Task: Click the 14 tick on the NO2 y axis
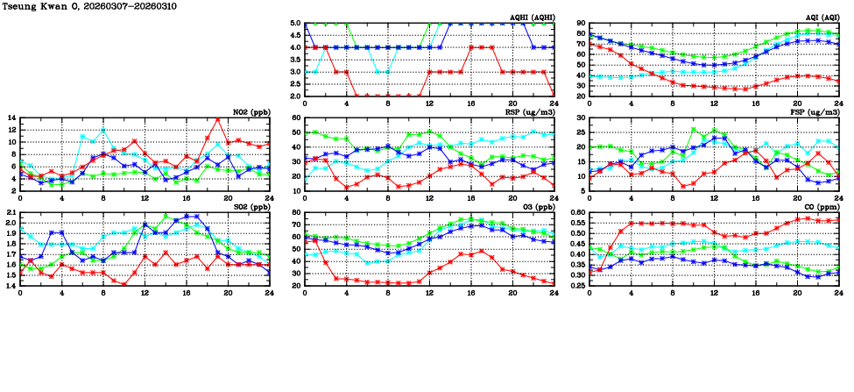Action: pyautogui.click(x=11, y=118)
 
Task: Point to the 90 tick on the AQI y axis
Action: pyautogui.click(x=580, y=24)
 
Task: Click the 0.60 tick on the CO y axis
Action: pyautogui.click(x=576, y=212)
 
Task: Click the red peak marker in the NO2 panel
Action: pyautogui.click(x=217, y=118)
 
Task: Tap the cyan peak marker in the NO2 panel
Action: pyautogui.click(x=103, y=130)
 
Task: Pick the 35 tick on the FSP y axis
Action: pyautogui.click(x=580, y=118)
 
